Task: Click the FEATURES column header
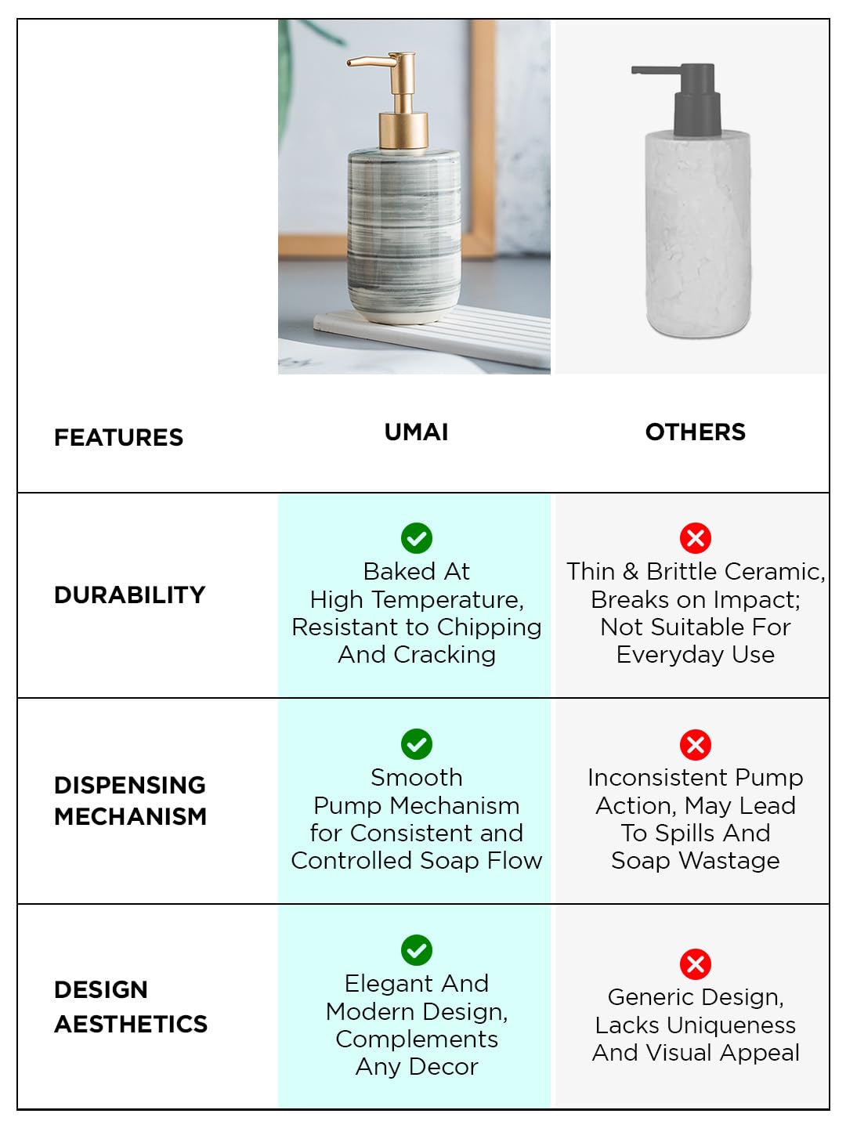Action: [x=118, y=437]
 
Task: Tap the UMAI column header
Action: [x=416, y=432]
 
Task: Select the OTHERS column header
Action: [x=695, y=432]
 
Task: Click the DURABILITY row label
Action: [x=129, y=595]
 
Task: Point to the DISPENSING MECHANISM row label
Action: [x=131, y=801]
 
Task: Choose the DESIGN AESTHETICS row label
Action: [x=131, y=1007]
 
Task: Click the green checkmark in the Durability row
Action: [x=417, y=538]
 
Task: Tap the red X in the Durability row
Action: [x=696, y=538]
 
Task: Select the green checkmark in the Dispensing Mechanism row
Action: [x=417, y=744]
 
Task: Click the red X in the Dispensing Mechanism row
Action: [x=696, y=745]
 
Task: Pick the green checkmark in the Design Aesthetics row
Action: [x=417, y=950]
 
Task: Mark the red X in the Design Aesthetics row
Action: [x=696, y=964]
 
